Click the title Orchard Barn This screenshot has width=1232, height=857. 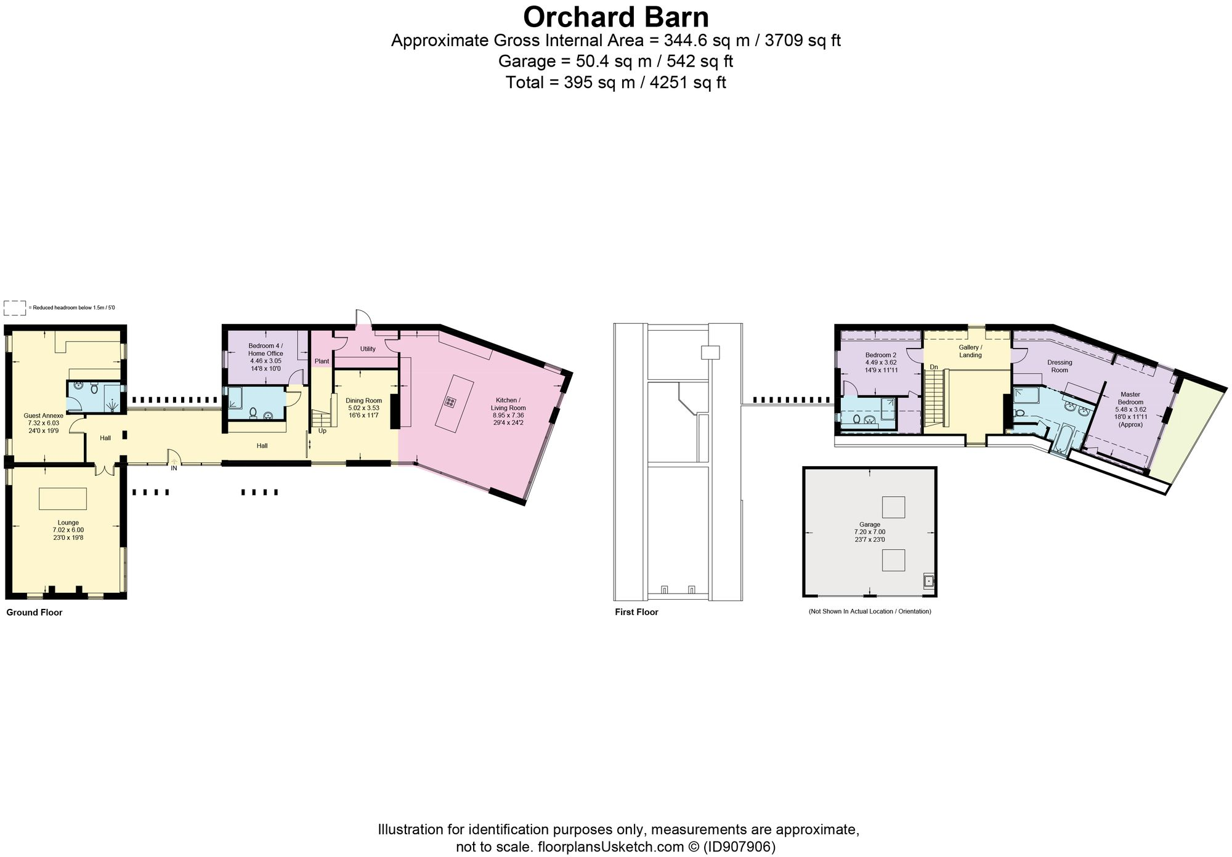pos(615,17)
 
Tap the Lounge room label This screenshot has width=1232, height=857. pos(68,523)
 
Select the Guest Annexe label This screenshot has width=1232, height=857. pos(43,416)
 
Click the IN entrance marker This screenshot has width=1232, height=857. pos(174,468)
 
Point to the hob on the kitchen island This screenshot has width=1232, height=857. pos(450,403)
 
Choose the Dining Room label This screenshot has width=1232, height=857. pos(363,401)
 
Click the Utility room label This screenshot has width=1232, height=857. pos(368,349)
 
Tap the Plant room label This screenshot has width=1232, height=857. pos(322,361)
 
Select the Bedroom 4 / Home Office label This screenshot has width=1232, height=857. pos(265,350)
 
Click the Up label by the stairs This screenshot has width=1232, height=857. pos(322,431)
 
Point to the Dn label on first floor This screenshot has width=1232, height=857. pos(934,367)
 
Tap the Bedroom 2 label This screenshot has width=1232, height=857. pos(880,355)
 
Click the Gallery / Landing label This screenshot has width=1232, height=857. pos(970,351)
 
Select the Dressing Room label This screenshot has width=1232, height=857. pos(1060,366)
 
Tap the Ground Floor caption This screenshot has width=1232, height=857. pos(34,613)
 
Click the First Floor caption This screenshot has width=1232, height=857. pos(636,612)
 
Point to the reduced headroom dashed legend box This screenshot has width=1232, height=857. pos(15,308)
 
